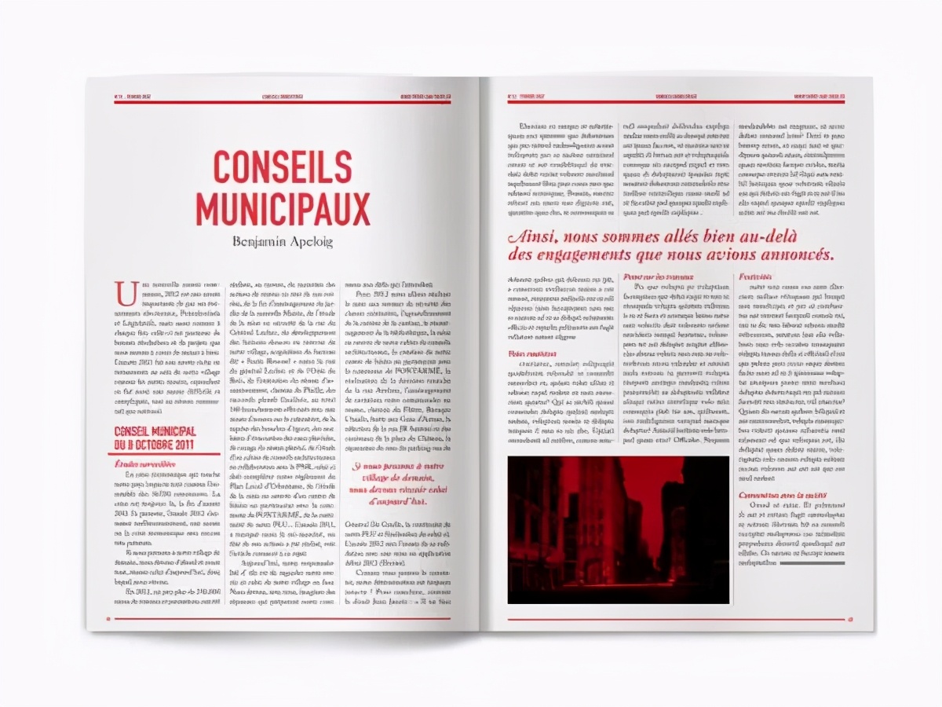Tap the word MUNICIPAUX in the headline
pyautogui.click(x=283, y=208)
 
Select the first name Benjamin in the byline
pyautogui.click(x=258, y=241)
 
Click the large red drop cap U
pyautogui.click(x=124, y=292)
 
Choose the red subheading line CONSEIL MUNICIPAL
pyautogui.click(x=155, y=432)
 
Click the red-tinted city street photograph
pyautogui.click(x=618, y=529)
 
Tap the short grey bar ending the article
pyautogui.click(x=815, y=562)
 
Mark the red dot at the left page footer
pyautogui.click(x=108, y=618)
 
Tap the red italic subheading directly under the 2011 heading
pyautogui.click(x=146, y=463)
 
